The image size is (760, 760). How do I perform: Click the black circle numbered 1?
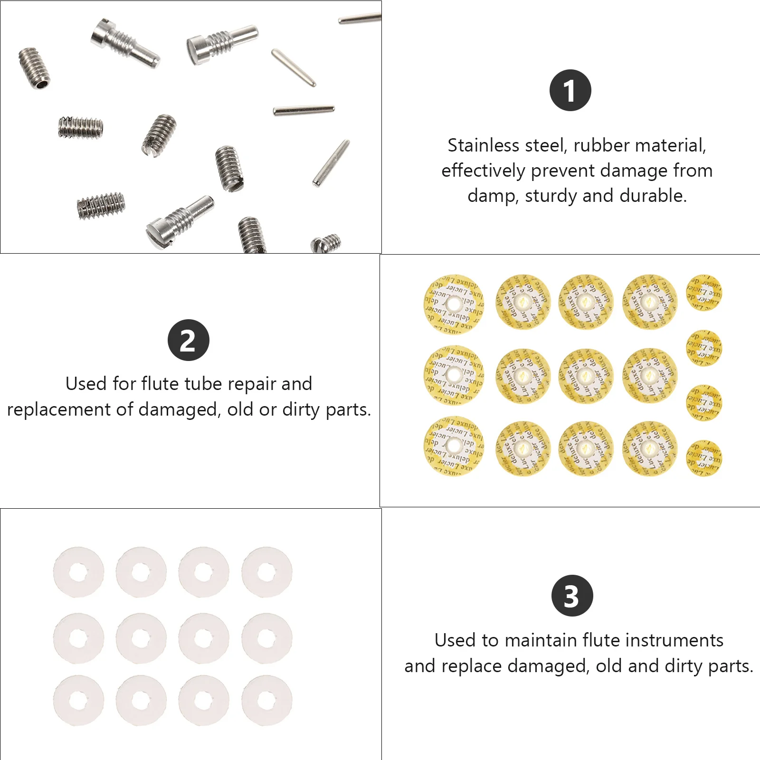coord(570,90)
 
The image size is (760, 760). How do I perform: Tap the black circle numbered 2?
coord(189,340)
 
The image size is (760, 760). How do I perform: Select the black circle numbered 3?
coord(572,596)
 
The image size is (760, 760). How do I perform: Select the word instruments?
coord(674,640)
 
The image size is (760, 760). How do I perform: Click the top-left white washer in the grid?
coord(78,572)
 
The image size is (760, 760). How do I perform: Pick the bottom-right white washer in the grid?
coord(267,700)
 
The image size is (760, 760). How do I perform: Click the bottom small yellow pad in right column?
coord(704,458)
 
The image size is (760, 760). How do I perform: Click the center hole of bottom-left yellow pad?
coord(454,446)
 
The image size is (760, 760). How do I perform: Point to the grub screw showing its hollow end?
coord(34,68)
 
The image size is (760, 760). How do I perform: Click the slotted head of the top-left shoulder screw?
coord(100,31)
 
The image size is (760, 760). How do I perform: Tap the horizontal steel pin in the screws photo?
coord(304,110)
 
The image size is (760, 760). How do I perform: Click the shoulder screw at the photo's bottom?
coord(180,221)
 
